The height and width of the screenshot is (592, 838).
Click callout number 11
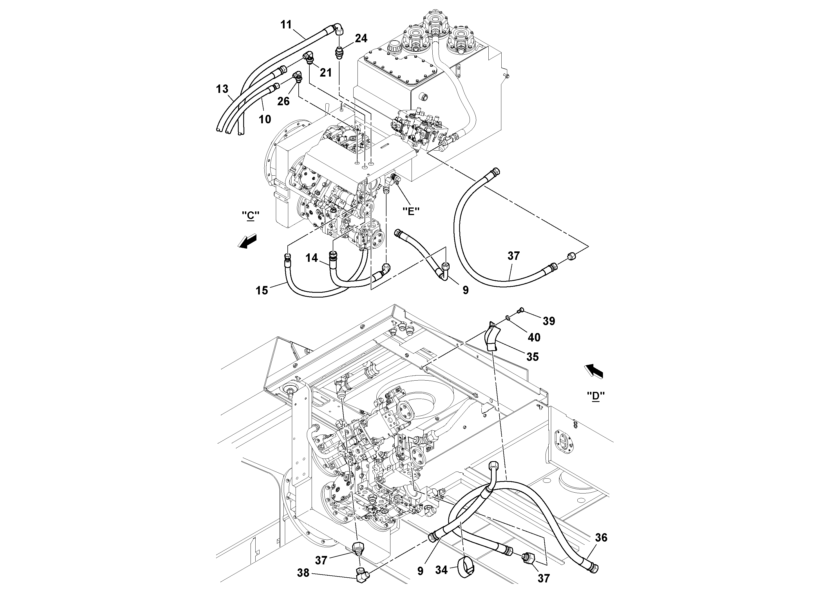pyautogui.click(x=286, y=24)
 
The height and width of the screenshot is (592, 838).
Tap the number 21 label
pyautogui.click(x=326, y=73)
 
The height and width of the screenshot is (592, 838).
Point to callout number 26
pyautogui.click(x=283, y=101)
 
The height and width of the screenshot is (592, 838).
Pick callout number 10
pyautogui.click(x=265, y=119)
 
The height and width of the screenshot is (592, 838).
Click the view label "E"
pyautogui.click(x=411, y=211)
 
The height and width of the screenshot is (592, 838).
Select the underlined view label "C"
pyautogui.click(x=250, y=216)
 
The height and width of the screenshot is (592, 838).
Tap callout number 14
pyautogui.click(x=312, y=258)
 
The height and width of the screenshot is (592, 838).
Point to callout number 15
pyautogui.click(x=262, y=291)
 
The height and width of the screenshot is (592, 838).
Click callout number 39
pyautogui.click(x=549, y=321)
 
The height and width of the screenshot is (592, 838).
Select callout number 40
pyautogui.click(x=534, y=338)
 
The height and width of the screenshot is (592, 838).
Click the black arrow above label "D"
pyautogui.click(x=594, y=372)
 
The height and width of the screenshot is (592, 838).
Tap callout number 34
pyautogui.click(x=441, y=570)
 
